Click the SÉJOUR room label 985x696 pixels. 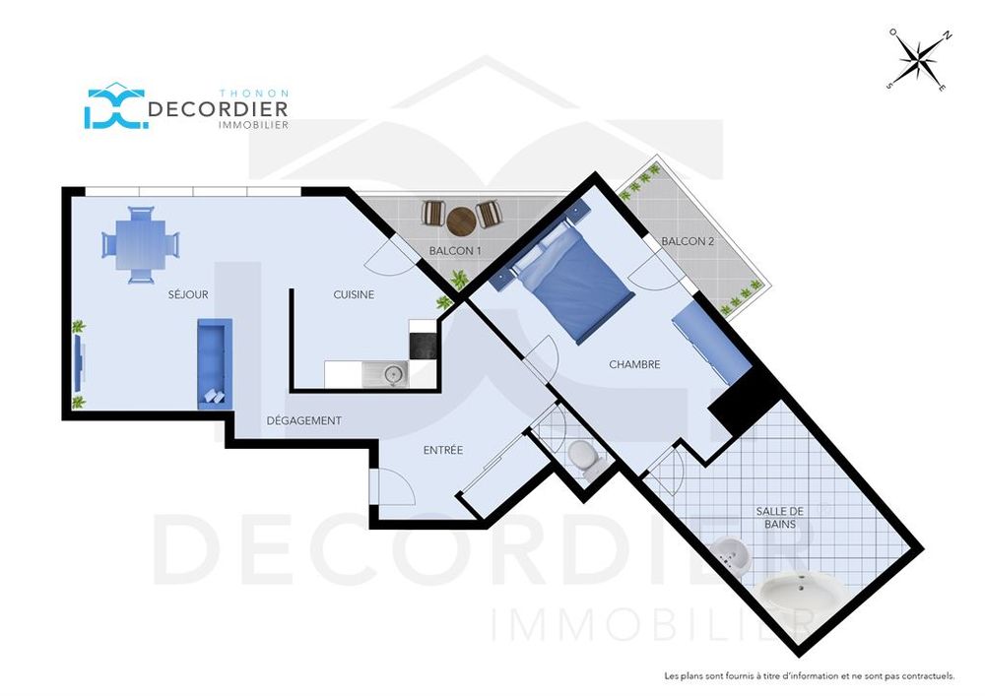[188, 294]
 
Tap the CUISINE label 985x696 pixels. [354, 294]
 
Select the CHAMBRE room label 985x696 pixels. [634, 364]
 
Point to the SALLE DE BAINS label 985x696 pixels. [780, 518]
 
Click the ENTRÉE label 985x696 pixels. [443, 450]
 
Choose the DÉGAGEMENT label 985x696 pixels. [304, 420]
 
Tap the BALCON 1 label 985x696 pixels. [455, 251]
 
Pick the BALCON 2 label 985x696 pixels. [688, 241]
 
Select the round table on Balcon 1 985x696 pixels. [461, 221]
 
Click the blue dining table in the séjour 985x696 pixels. [141, 244]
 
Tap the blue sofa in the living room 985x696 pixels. [215, 363]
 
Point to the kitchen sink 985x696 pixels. [385, 375]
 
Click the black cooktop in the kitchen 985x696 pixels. [424, 346]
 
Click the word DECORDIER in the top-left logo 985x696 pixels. [218, 109]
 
